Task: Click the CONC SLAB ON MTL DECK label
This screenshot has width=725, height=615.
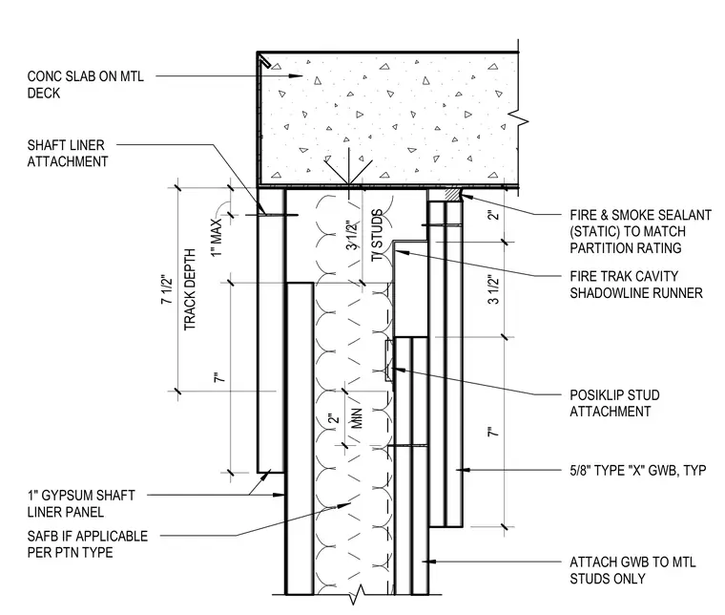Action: pyautogui.click(x=86, y=84)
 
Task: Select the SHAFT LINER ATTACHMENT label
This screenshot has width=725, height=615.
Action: pyautogui.click(x=68, y=153)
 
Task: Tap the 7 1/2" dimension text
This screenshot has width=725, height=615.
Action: pyautogui.click(x=166, y=289)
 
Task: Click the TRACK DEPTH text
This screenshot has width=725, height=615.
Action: pyautogui.click(x=190, y=289)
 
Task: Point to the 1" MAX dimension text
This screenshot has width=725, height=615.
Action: pyautogui.click(x=217, y=237)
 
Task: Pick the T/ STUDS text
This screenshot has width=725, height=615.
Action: pyautogui.click(x=378, y=235)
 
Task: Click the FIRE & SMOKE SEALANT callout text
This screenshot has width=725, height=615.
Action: pyautogui.click(x=640, y=231)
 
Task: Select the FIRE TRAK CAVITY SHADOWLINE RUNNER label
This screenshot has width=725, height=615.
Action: pyautogui.click(x=636, y=285)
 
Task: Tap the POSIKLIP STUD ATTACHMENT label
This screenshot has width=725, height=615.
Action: pyautogui.click(x=614, y=403)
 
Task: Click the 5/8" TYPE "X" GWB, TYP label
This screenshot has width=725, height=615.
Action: pyautogui.click(x=637, y=471)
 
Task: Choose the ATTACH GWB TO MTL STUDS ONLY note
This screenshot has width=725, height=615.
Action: pyautogui.click(x=632, y=570)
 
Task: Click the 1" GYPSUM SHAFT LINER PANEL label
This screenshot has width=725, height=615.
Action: pyautogui.click(x=81, y=503)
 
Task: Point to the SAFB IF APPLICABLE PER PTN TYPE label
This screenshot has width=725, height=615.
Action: pyautogui.click(x=88, y=544)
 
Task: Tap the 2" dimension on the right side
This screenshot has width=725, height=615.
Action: pyautogui.click(x=494, y=215)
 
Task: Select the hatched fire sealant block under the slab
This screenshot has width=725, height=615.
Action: pyautogui.click(x=452, y=194)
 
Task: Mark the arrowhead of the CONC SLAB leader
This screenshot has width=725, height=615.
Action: pyautogui.click(x=296, y=75)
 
